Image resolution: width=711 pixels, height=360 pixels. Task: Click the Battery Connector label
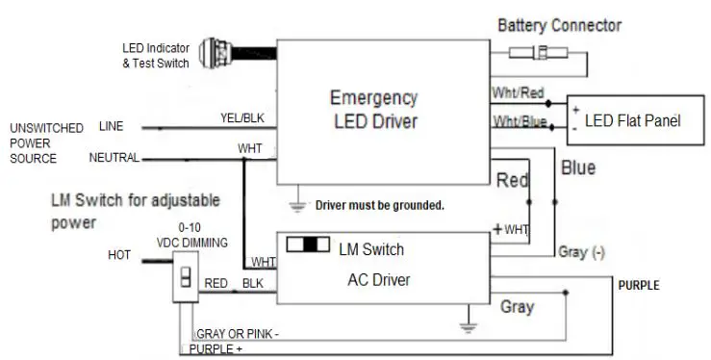coord(558,24)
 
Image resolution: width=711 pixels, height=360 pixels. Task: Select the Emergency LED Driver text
coord(373,110)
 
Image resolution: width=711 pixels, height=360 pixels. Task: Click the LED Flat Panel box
coord(631,121)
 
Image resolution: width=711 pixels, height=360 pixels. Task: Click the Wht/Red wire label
coord(517,93)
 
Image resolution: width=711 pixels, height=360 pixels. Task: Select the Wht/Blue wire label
coord(519,121)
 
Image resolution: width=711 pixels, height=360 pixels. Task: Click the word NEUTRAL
coord(114,157)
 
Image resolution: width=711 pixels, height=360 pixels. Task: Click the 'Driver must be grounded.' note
coord(379,206)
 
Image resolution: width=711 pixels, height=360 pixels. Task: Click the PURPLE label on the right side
coord(640,286)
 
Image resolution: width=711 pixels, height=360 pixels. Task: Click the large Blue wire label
coord(577,168)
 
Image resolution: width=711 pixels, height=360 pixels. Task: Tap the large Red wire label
coord(513,180)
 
